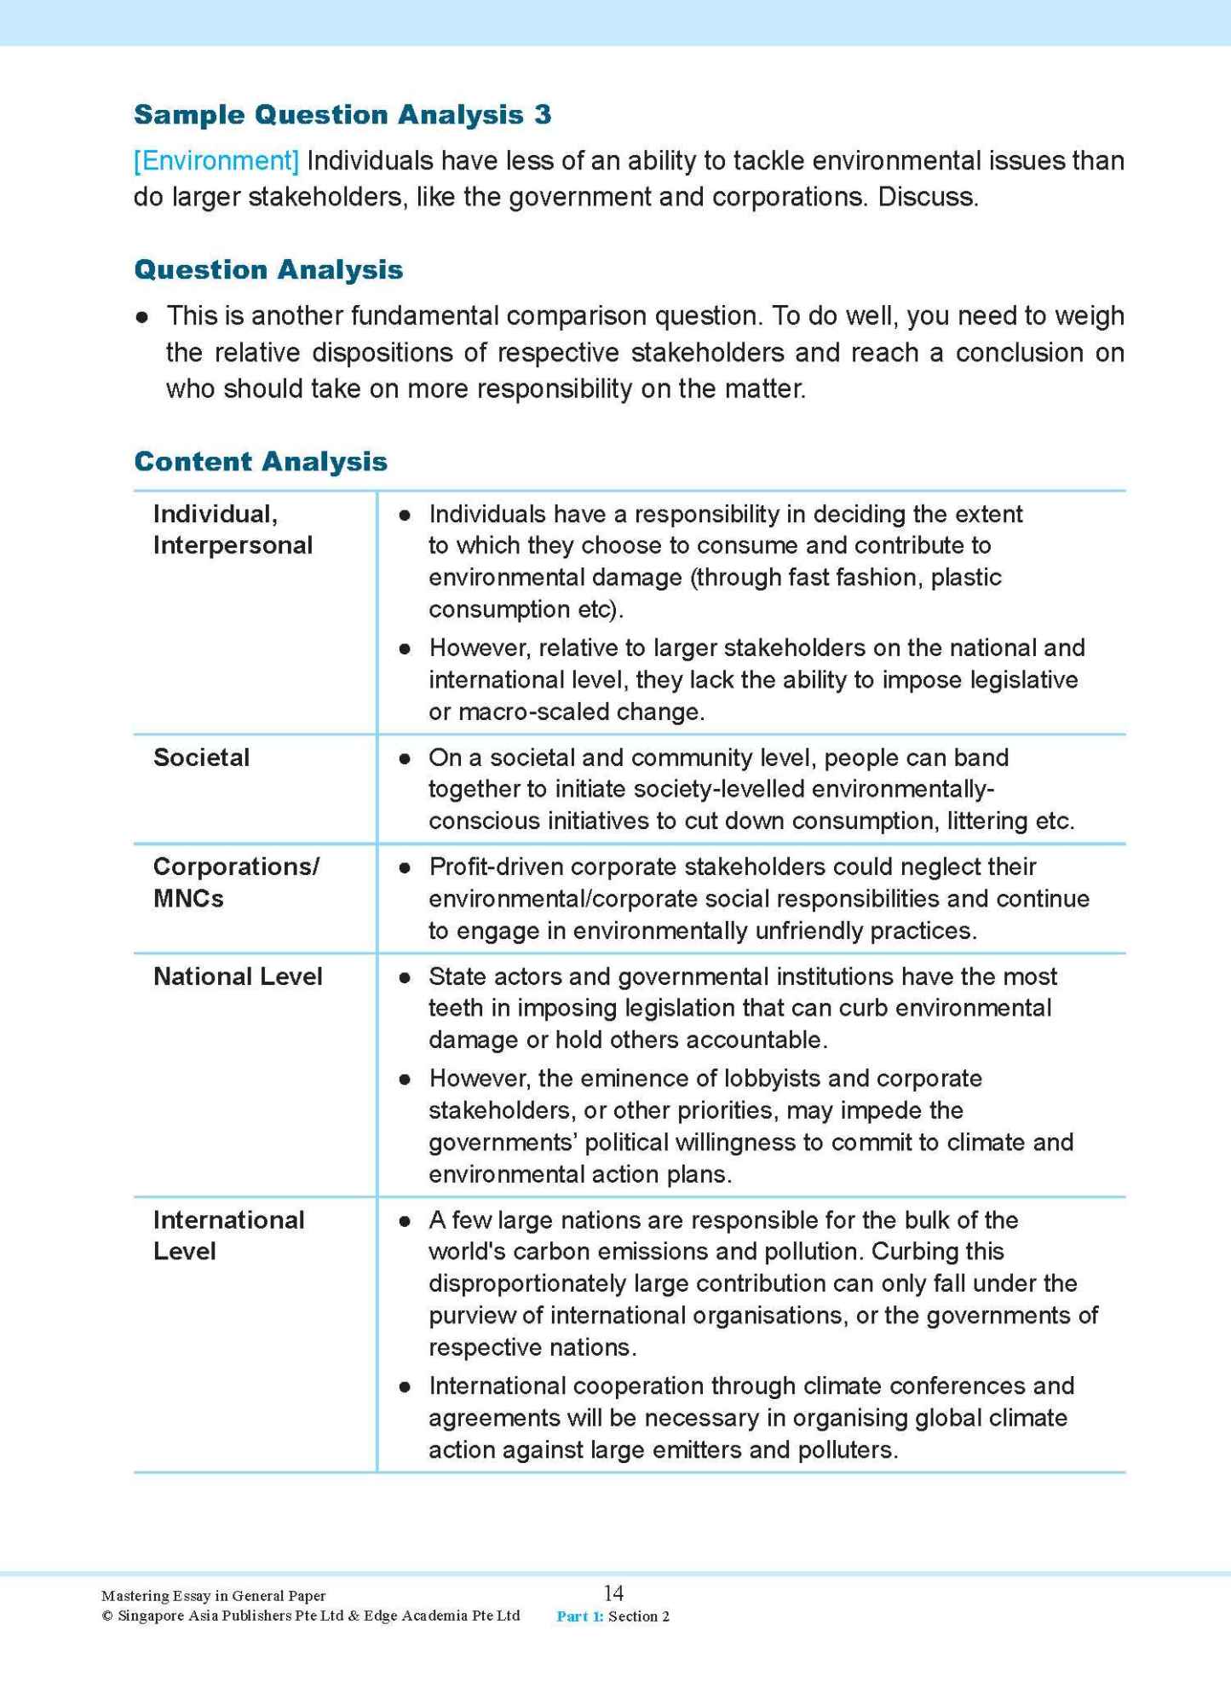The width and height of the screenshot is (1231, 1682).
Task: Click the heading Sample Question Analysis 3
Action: pyautogui.click(x=342, y=114)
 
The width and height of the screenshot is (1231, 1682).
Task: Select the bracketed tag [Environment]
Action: pyautogui.click(x=216, y=160)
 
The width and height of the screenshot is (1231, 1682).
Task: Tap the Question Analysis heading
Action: pyautogui.click(x=268, y=270)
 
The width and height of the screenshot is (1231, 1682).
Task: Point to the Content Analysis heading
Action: pyautogui.click(x=261, y=462)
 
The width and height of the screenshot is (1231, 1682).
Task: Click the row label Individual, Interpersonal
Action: pyautogui.click(x=233, y=529)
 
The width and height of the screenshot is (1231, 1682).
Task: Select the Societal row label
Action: pyautogui.click(x=201, y=757)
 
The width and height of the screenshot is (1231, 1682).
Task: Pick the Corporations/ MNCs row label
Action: pyautogui.click(x=235, y=882)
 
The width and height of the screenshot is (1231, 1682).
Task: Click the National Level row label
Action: pyautogui.click(x=238, y=976)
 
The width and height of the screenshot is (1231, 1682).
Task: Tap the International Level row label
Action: pyautogui.click(x=228, y=1236)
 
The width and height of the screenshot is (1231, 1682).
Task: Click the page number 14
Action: pyautogui.click(x=613, y=1593)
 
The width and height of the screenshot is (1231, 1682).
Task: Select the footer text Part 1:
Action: pyautogui.click(x=579, y=1616)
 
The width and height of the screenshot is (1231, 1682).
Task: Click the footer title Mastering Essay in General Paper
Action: pyautogui.click(x=213, y=1596)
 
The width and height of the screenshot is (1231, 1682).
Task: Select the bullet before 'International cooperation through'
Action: pyautogui.click(x=406, y=1387)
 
